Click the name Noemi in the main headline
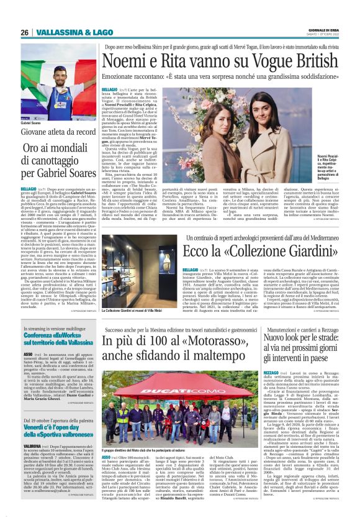click(x=124, y=61)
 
